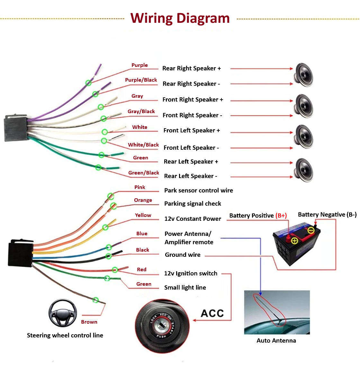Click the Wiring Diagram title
tap(180, 18)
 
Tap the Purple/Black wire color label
tap(141, 80)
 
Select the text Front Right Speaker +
tap(193, 100)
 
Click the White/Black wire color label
tap(143, 145)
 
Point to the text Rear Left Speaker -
tap(190, 176)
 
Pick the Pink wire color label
tap(139, 187)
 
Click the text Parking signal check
tap(193, 204)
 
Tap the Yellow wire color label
tap(143, 215)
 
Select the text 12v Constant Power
tap(193, 219)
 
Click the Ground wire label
tap(183, 255)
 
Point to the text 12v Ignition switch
tap(191, 273)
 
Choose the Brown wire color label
tap(89, 322)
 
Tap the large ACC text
tap(212, 313)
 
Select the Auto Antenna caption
tap(276, 341)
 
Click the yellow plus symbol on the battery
tap(294, 240)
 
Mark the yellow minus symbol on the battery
tap(311, 230)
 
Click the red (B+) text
tap(281, 216)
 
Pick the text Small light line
tap(185, 288)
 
